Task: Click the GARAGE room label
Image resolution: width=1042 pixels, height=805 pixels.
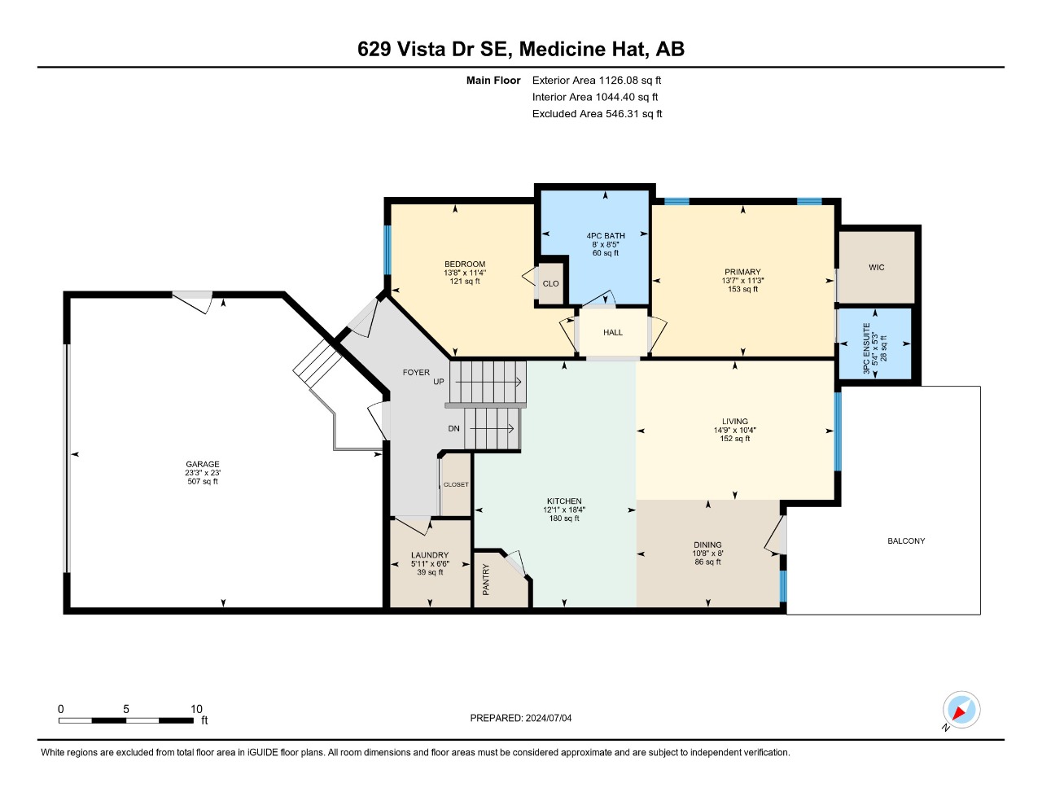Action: (203, 464)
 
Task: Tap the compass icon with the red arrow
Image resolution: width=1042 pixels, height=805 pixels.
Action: (961, 710)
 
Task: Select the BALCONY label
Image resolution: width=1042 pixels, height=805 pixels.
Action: (906, 540)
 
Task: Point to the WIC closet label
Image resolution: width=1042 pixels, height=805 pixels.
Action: (876, 268)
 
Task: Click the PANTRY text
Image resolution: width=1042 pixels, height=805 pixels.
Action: (486, 580)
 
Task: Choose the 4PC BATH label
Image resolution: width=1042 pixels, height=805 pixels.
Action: (606, 236)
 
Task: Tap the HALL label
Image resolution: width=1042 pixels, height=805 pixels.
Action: (613, 332)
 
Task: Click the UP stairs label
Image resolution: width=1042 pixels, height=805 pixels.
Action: (439, 382)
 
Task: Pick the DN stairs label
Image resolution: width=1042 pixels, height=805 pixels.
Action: (453, 429)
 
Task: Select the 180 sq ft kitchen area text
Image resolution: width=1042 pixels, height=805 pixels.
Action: (564, 518)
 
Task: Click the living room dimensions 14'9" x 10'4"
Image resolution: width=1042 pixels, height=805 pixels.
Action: (735, 430)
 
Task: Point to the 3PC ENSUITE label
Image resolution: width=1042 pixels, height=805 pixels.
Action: (866, 348)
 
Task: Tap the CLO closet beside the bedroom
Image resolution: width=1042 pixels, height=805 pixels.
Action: (550, 284)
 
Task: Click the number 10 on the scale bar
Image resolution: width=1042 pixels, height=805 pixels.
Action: (196, 709)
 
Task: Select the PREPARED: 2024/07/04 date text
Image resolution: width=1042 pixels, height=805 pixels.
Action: (521, 718)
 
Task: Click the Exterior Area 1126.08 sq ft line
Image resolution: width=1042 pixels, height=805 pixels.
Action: (597, 81)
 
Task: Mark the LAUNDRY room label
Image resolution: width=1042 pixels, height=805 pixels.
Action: (430, 555)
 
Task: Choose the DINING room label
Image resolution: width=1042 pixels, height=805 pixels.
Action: (707, 545)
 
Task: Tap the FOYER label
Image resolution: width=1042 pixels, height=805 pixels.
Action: (416, 373)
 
